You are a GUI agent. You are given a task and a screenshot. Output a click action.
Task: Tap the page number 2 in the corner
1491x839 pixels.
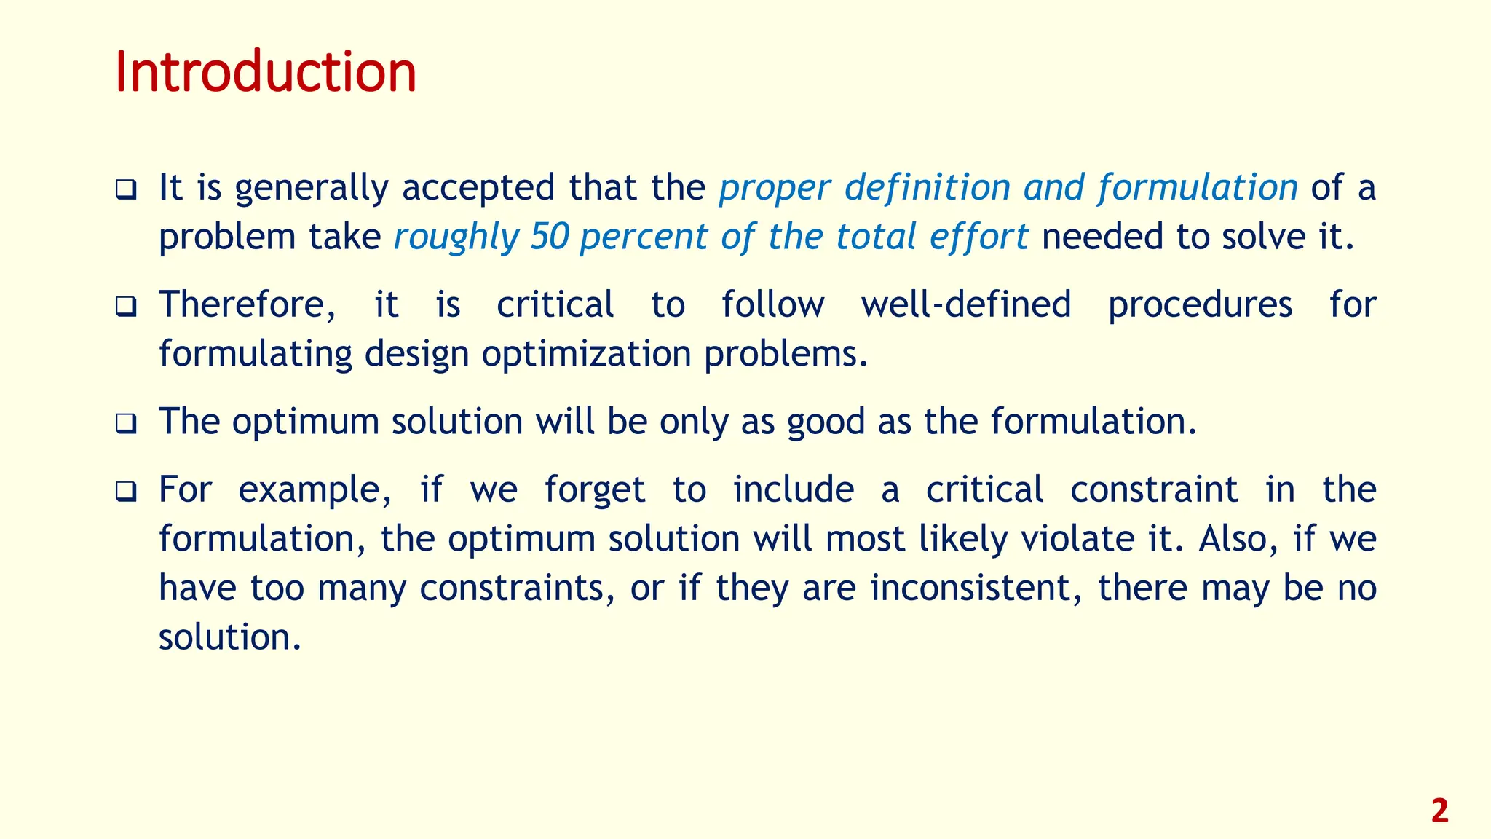coord(1439,811)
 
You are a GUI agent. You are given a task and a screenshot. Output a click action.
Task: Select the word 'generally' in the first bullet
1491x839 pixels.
coord(312,189)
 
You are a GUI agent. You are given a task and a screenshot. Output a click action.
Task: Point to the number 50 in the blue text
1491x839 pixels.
coord(550,237)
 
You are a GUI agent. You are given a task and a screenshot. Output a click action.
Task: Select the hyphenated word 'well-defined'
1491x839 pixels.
coord(966,304)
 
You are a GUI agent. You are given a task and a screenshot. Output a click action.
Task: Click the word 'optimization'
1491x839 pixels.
coord(586,355)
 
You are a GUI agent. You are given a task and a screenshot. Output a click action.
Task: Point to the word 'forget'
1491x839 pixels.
coord(595,490)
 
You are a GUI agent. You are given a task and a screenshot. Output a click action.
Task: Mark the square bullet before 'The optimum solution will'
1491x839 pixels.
coord(126,424)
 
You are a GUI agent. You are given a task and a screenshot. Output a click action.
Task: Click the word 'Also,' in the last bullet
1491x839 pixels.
coord(1238,540)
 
